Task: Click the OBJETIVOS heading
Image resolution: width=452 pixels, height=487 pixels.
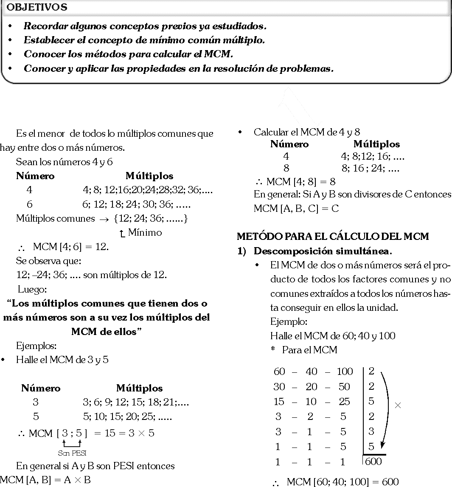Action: click(x=37, y=7)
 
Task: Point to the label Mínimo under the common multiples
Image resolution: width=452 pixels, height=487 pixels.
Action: click(x=144, y=233)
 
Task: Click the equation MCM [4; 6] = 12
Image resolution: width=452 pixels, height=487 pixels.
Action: click(x=70, y=247)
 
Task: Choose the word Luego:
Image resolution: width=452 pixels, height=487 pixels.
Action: click(x=32, y=290)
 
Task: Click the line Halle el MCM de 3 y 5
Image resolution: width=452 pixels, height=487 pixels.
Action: click(x=62, y=360)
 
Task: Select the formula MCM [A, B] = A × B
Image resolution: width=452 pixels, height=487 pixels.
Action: click(x=45, y=480)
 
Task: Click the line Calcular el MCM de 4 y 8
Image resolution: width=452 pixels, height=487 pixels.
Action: click(x=307, y=132)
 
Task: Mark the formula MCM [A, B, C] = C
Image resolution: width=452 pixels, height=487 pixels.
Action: click(x=296, y=208)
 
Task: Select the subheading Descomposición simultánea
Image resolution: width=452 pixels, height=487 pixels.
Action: click(x=323, y=251)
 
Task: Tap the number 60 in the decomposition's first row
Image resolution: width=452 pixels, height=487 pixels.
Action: click(x=279, y=372)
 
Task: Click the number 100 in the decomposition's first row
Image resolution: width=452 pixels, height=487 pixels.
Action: click(x=344, y=372)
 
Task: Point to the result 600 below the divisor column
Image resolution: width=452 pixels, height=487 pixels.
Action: click(x=373, y=462)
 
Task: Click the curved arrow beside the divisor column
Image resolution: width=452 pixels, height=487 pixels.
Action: click(x=386, y=408)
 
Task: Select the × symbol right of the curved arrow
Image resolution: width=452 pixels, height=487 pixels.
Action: click(x=398, y=405)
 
